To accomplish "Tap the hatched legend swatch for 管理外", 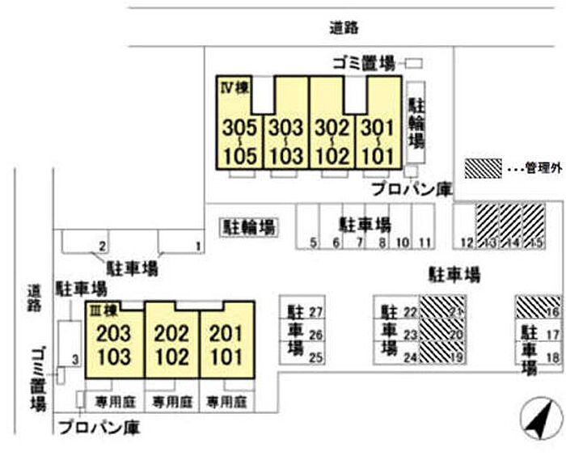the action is pos(484,167).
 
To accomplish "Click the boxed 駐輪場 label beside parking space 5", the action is pos(248,227).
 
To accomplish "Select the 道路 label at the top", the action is pos(344,27).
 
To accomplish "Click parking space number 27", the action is pos(317,312).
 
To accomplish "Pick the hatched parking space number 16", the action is pos(540,307).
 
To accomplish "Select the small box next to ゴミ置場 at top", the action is pos(414,62).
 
